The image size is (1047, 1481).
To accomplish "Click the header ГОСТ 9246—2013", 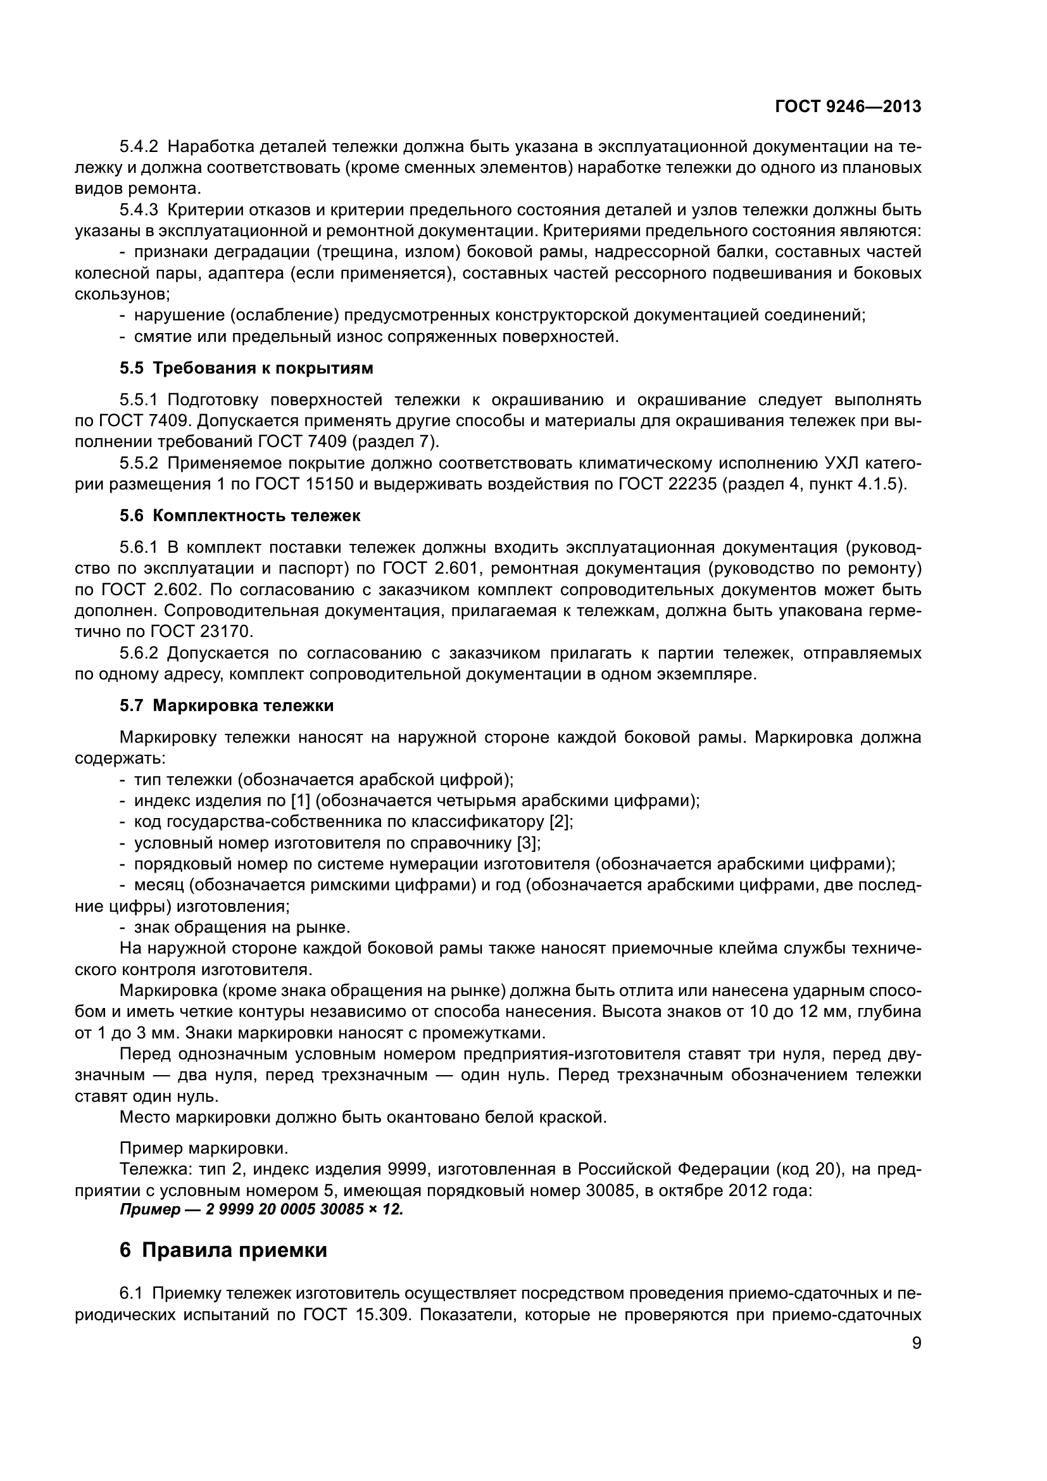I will pos(848,107).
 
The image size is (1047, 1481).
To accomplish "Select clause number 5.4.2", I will pos(139,147).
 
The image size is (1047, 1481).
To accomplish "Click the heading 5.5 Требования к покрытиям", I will pos(246,369).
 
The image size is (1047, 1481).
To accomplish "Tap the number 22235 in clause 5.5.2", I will pos(693,484).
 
